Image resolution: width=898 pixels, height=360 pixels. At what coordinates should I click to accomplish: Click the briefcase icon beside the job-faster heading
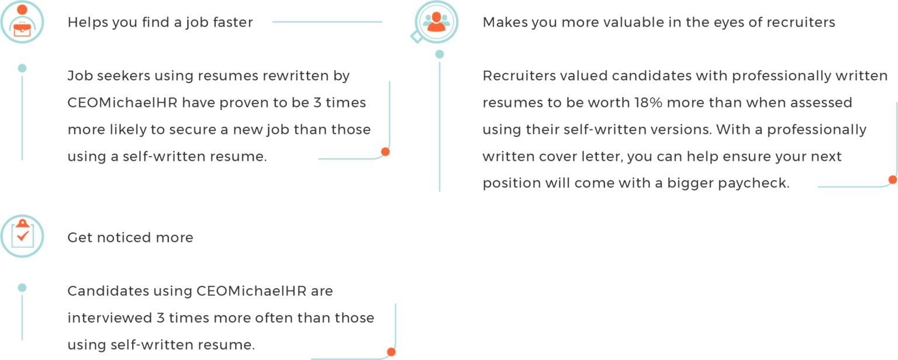coord(22,22)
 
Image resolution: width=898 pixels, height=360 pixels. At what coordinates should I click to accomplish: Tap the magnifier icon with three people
coord(436,22)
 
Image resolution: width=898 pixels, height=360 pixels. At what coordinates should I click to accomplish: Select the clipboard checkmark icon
coord(22,236)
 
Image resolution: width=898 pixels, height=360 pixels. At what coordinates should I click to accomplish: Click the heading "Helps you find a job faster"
coord(160,23)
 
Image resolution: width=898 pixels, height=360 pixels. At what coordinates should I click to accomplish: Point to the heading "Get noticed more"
coord(130,238)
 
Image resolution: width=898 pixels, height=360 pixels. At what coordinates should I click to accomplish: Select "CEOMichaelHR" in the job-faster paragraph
coord(122,103)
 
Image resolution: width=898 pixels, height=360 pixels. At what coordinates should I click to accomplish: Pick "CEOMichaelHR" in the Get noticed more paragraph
coord(252,291)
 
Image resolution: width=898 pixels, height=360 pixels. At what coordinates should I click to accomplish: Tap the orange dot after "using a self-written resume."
coord(385,152)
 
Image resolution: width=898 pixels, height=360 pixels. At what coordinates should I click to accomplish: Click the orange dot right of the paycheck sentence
coord(892,180)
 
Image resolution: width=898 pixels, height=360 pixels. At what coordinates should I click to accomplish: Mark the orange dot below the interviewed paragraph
coord(391,352)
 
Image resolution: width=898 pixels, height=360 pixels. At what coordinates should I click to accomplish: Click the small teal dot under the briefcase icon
coord(22,68)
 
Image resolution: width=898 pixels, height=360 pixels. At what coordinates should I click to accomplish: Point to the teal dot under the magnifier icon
coord(440,54)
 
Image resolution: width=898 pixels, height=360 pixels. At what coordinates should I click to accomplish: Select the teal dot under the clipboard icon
coord(22,288)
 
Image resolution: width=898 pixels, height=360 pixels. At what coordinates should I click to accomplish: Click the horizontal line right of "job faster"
coord(327,22)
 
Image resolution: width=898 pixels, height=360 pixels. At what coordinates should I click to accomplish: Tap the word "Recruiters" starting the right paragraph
coord(518,76)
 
